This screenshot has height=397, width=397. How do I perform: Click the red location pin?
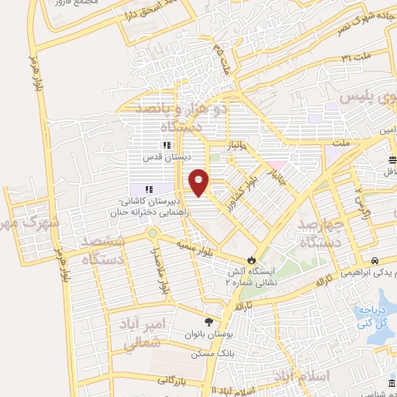(200, 181)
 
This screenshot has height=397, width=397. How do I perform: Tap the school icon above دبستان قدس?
(165, 145)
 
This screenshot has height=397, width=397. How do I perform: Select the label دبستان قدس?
(165, 155)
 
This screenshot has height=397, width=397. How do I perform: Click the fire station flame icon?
(250, 260)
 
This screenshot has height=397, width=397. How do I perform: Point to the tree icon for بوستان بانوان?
(208, 322)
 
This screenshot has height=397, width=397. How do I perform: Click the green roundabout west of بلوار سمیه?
(153, 233)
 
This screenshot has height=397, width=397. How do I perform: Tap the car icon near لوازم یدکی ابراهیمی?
(375, 261)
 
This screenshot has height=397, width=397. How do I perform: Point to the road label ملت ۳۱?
(354, 57)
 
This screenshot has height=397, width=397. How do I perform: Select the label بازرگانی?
(174, 379)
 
